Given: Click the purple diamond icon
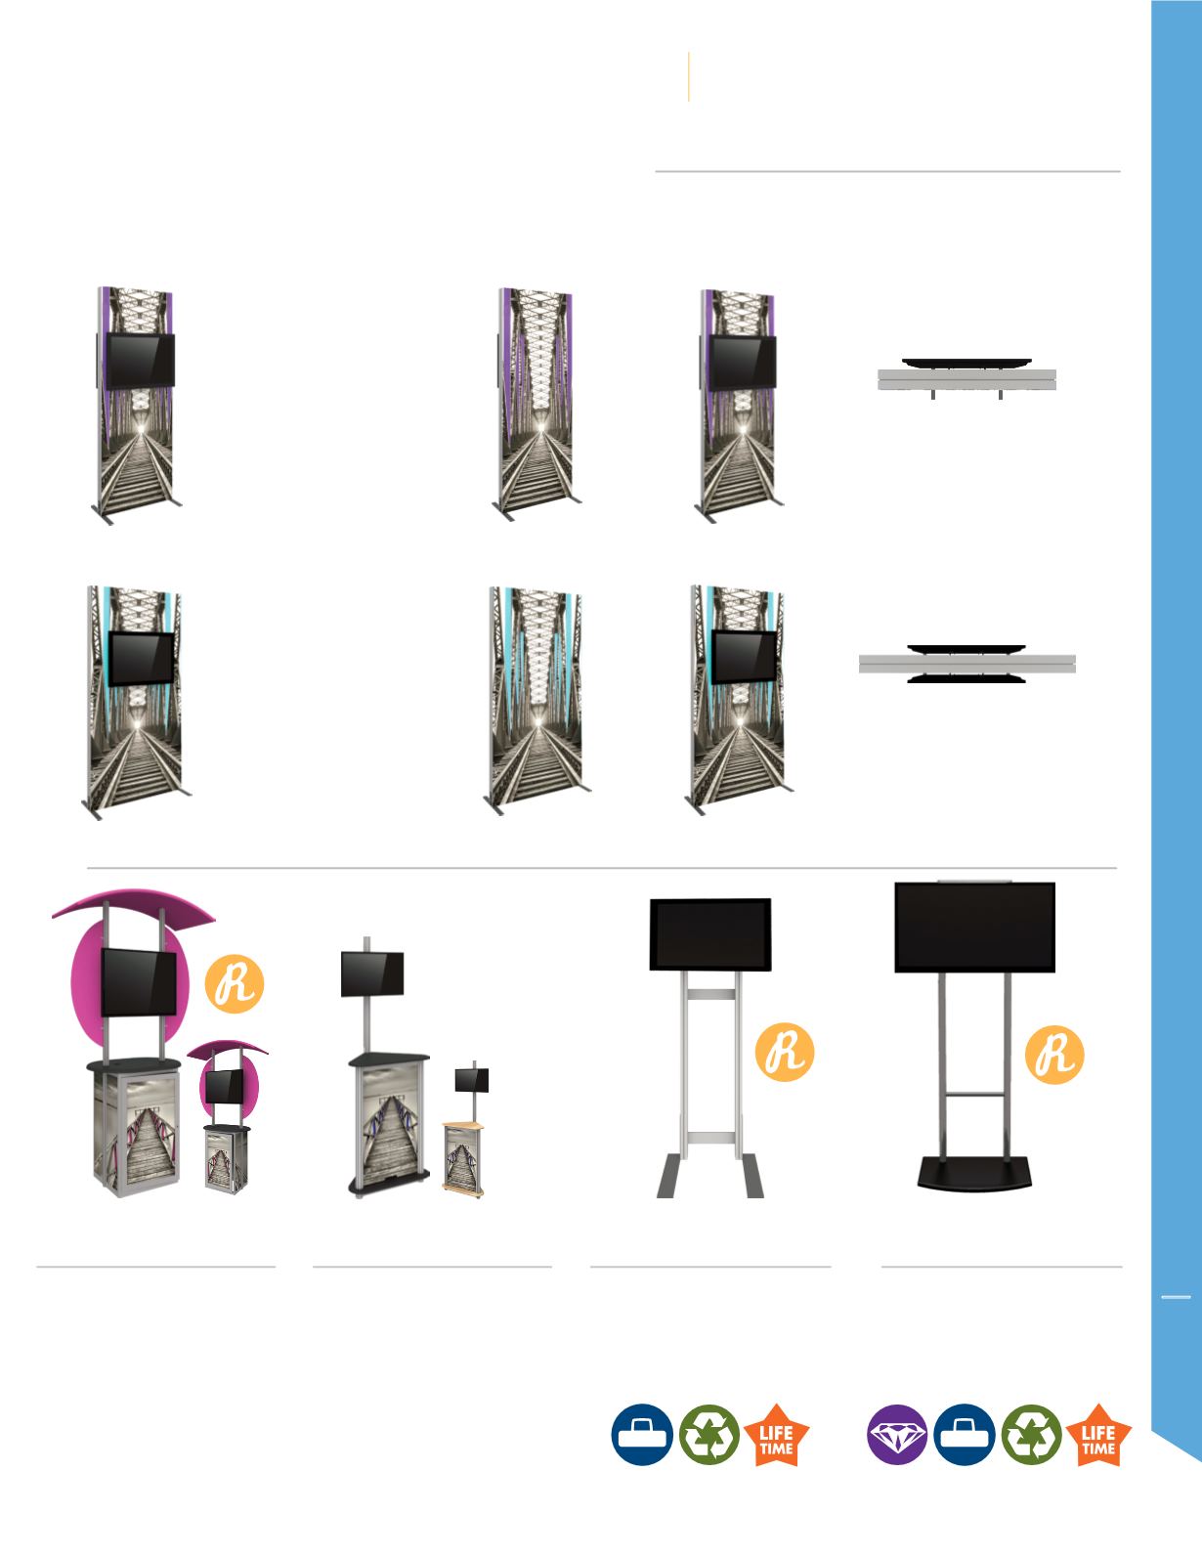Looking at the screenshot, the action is (x=897, y=1434).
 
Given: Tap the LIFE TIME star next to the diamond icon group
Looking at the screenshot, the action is (x=1098, y=1435).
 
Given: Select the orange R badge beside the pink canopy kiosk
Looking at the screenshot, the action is (x=235, y=984).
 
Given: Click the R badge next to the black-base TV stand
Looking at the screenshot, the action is (x=1054, y=1054).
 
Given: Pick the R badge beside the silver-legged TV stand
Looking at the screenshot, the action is (x=785, y=1052).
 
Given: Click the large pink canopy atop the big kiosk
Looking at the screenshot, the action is (x=134, y=905).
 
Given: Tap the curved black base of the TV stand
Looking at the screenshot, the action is (x=974, y=1173).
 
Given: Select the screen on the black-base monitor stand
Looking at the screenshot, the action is (x=975, y=928).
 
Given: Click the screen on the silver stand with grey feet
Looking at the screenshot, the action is (x=710, y=934).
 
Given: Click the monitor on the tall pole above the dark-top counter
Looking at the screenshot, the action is (x=371, y=973).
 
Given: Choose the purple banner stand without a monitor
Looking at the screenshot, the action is (x=537, y=403).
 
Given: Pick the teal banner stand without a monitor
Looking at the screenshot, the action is (x=537, y=700).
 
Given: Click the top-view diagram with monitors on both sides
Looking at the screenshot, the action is (x=967, y=665).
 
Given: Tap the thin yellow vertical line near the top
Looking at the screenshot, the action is (x=688, y=76).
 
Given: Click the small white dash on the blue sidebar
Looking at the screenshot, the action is (x=1176, y=1297).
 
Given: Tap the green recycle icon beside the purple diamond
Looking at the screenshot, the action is (x=1032, y=1435).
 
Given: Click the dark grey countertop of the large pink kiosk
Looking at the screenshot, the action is (x=134, y=1065).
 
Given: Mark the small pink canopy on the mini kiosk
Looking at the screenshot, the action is (x=227, y=1049).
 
